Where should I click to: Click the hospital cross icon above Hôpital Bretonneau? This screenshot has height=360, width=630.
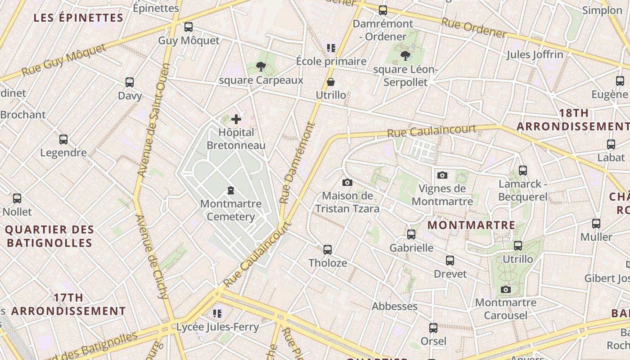tap(236, 119)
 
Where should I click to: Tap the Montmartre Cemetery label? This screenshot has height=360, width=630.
tap(231, 210)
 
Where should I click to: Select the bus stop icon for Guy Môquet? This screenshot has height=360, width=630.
tap(189, 27)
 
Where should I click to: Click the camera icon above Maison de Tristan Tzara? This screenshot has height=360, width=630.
tap(347, 182)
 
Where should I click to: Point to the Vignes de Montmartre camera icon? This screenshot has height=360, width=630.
tap(442, 175)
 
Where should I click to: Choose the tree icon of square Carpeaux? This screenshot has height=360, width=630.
tap(261, 67)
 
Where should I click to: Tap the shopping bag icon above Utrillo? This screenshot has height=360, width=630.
tap(331, 82)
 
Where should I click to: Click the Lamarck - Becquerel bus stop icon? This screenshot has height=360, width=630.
tap(522, 171)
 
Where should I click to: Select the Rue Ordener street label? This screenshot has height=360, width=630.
tap(473, 28)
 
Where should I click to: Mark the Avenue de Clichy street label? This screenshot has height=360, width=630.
tap(152, 256)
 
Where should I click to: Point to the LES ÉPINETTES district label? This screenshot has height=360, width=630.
tap(79, 18)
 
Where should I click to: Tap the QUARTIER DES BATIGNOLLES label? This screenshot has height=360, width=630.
tap(49, 236)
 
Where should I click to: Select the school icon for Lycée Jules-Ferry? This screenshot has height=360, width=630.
tap(218, 313)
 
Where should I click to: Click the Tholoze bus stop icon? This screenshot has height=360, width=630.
tap(328, 249)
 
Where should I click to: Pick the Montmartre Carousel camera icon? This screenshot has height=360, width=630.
tap(506, 289)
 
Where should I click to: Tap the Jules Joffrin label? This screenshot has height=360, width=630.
tap(535, 55)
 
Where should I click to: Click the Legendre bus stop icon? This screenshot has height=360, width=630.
tap(63, 139)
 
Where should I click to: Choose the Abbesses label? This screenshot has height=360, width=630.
tap(395, 306)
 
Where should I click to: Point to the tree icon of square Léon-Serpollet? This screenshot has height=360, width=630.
tap(405, 56)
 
